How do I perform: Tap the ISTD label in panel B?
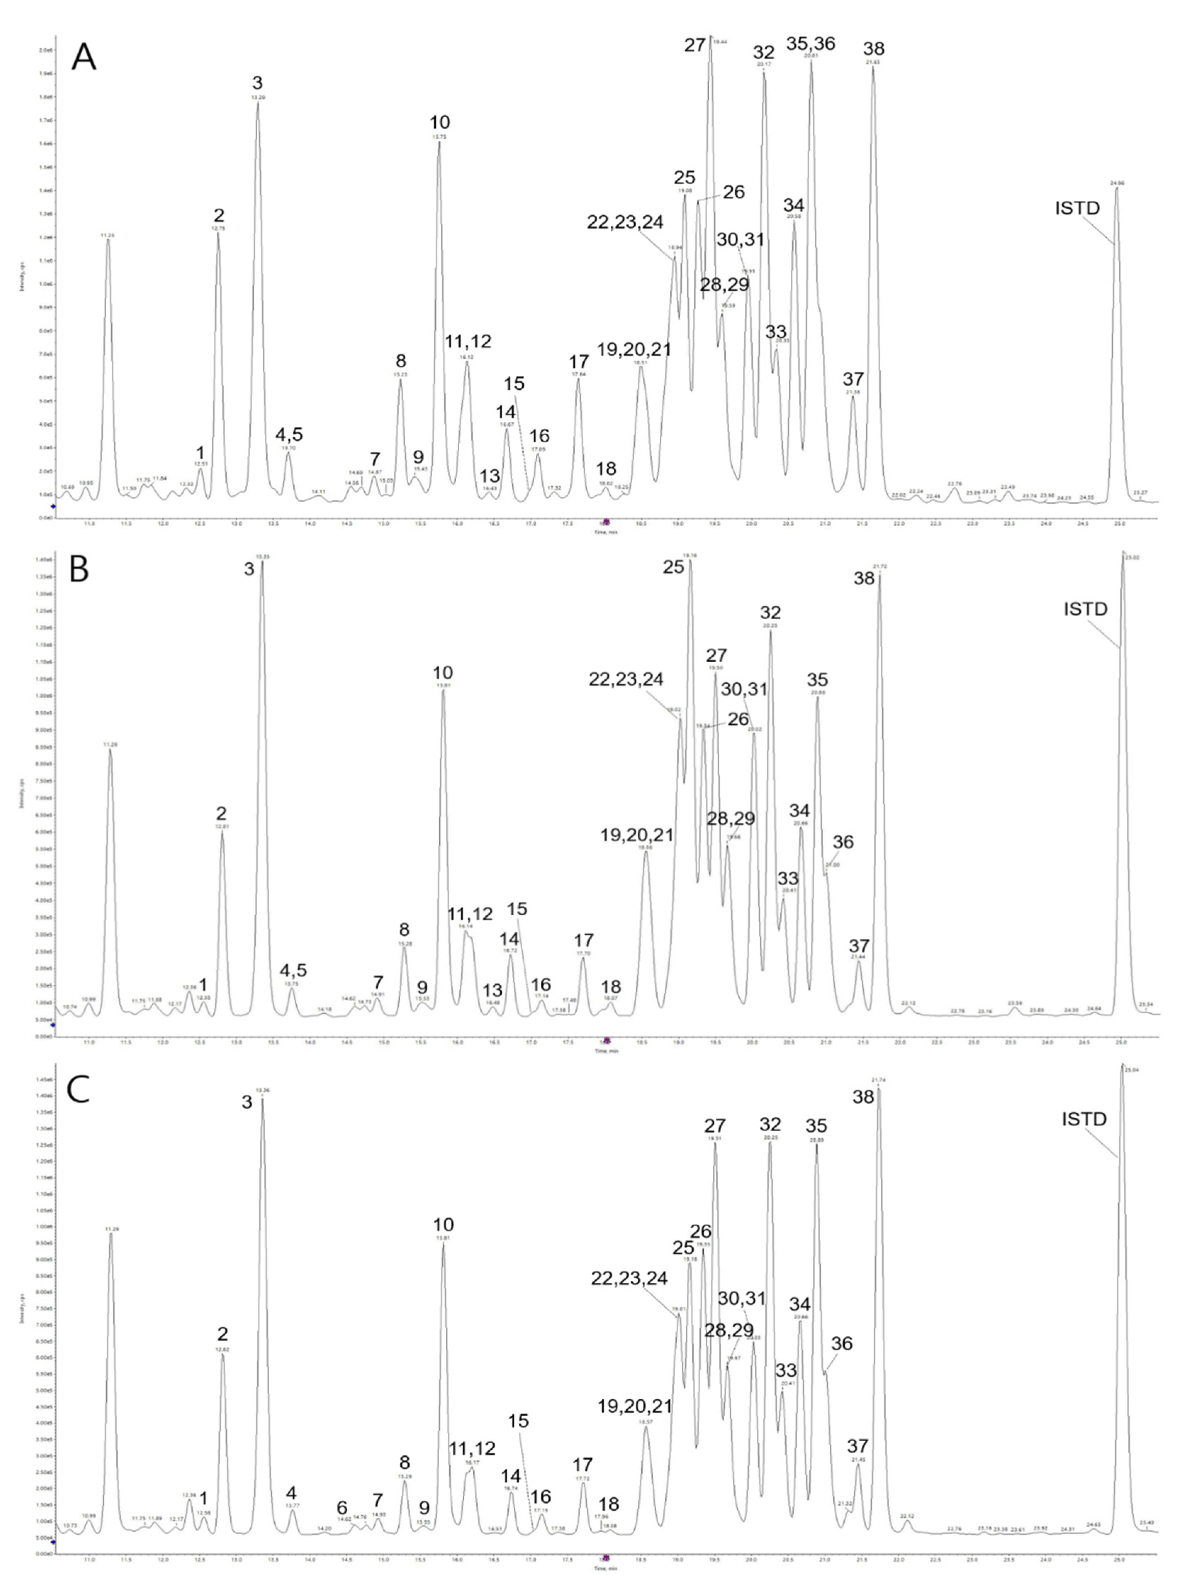pos(1085,610)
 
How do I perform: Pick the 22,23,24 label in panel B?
pos(626,680)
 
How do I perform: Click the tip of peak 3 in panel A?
pos(258,102)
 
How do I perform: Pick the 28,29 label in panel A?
pos(725,284)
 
